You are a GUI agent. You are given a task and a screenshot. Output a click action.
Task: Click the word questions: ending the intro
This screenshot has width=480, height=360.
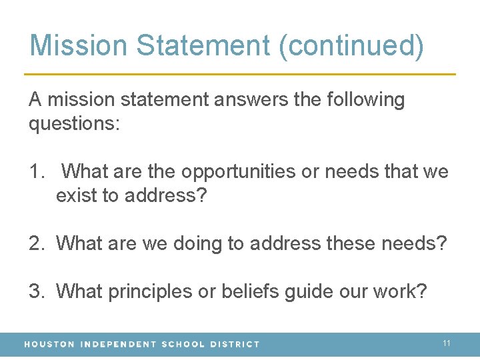coord(74,125)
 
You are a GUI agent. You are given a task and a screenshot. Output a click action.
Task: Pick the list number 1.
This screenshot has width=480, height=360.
coord(35,172)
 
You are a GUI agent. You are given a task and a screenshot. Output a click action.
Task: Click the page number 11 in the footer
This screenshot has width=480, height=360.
coord(447,343)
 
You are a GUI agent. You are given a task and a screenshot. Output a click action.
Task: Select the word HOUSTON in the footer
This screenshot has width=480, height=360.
coord(49,344)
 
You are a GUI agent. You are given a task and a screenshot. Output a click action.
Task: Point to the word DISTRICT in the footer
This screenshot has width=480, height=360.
coord(235,344)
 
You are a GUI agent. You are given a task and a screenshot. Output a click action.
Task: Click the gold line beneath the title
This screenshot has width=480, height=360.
coord(240,73)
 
